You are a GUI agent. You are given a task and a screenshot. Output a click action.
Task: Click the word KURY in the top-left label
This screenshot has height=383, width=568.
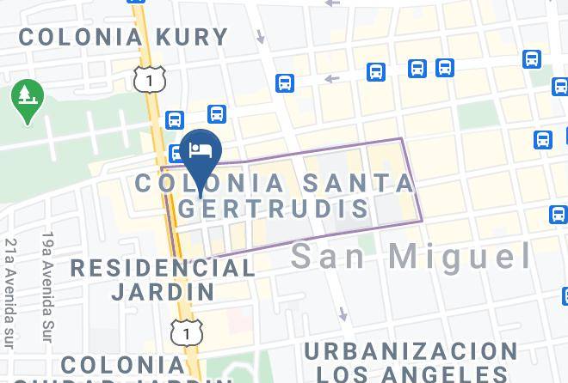[x=194, y=37]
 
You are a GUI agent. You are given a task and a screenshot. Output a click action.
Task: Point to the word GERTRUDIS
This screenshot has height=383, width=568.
[x=274, y=209]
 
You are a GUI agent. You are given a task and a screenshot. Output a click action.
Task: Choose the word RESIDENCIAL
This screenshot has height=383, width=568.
[x=163, y=267]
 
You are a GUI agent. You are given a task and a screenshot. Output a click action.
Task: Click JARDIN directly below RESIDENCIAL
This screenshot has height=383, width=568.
[x=163, y=290]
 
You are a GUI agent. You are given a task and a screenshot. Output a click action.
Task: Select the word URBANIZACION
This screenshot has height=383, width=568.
[x=411, y=351]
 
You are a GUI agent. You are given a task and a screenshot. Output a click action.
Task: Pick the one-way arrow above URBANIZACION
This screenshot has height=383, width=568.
[x=344, y=313]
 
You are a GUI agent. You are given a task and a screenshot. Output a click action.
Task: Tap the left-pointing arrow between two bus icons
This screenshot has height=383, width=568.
[x=330, y=79]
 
